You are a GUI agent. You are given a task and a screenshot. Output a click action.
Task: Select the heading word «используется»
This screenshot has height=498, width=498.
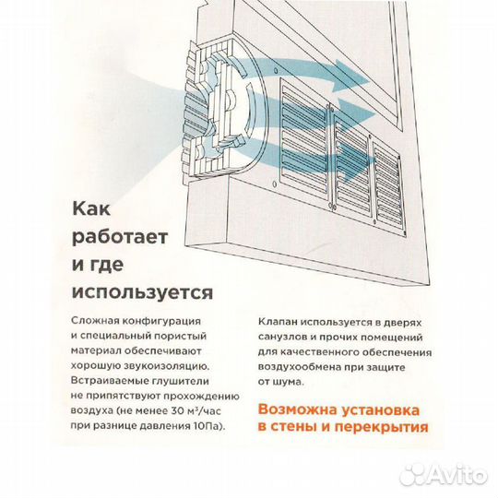pyautogui.click(x=141, y=293)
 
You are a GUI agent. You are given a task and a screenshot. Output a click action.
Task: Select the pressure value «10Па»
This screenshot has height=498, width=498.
pyautogui.click(x=207, y=425)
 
